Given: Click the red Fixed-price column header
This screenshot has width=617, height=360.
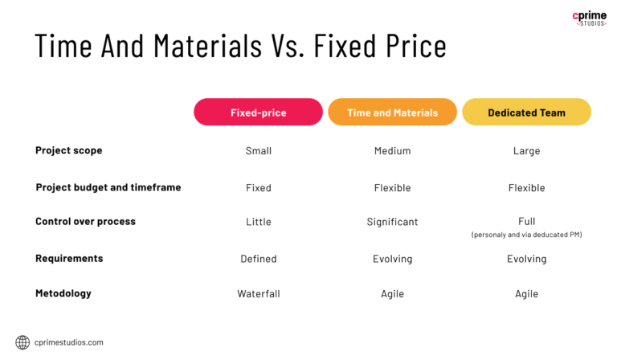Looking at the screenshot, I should click(258, 112).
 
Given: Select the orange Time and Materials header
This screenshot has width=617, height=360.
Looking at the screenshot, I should click(392, 112).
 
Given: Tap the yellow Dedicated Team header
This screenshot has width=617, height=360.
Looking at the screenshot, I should click(526, 112).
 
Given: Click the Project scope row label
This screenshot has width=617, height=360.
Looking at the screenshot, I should click(69, 150).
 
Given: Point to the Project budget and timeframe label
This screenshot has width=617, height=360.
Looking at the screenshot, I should click(108, 187).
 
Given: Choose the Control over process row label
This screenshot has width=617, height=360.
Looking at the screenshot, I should click(86, 221).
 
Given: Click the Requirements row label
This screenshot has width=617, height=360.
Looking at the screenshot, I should click(69, 258).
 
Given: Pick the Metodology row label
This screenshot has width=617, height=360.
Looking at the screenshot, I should click(63, 293).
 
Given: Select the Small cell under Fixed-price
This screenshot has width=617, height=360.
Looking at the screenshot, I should click(259, 151).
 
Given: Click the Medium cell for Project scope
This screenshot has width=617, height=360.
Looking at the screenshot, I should click(392, 151).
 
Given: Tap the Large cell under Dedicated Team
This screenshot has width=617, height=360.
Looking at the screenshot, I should click(526, 151).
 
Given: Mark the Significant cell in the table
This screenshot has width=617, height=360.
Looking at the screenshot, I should click(392, 222).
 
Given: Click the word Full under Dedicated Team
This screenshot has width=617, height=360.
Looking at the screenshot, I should click(526, 221).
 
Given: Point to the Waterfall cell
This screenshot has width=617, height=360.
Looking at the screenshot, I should click(259, 294).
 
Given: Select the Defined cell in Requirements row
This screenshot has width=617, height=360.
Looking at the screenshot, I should click(259, 259).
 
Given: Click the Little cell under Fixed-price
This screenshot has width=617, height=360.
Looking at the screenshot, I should click(259, 222).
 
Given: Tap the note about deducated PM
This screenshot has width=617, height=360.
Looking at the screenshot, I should click(526, 235).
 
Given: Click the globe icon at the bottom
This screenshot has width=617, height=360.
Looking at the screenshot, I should click(22, 342).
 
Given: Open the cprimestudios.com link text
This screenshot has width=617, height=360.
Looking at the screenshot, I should click(68, 342).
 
